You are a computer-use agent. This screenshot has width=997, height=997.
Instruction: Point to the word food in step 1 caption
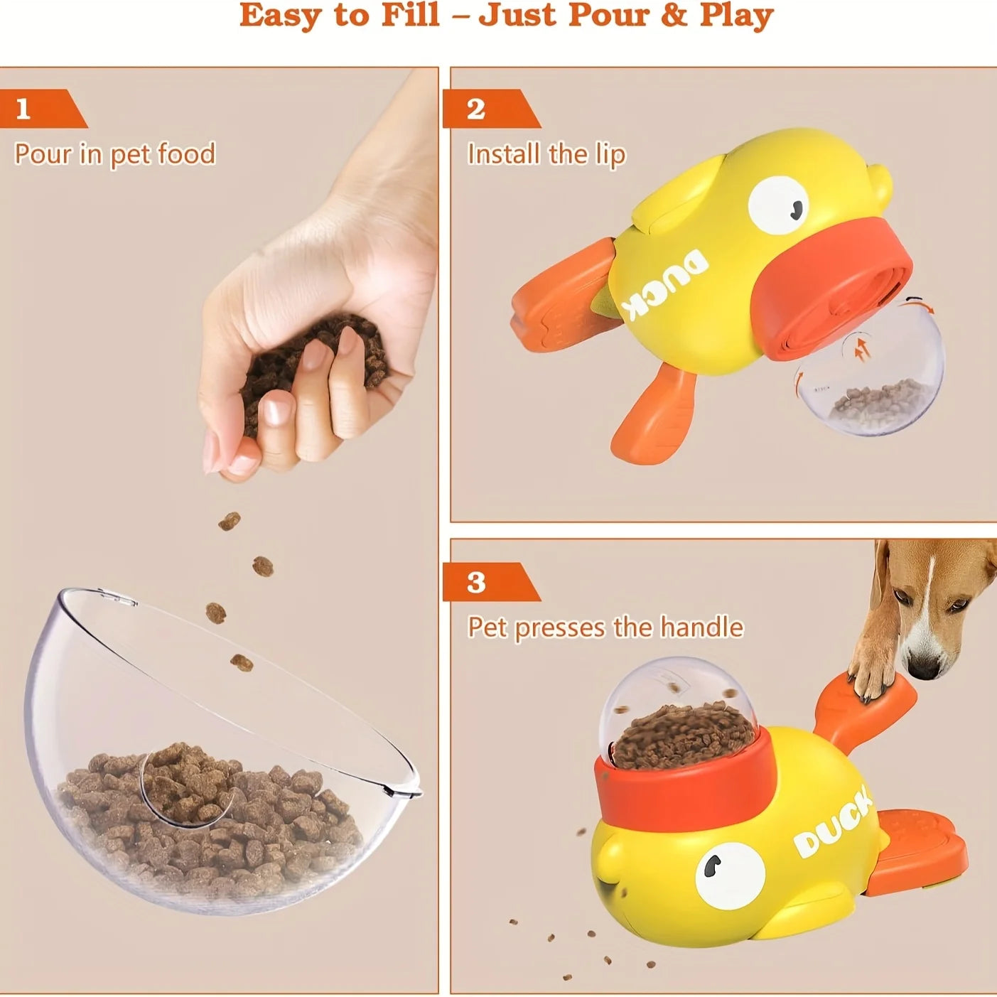tap(186, 153)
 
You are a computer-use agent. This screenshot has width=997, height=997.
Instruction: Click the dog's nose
tap(925, 669)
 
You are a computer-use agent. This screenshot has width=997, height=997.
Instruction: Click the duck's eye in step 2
tap(779, 203)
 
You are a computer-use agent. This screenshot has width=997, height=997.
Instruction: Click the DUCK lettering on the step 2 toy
tap(664, 285)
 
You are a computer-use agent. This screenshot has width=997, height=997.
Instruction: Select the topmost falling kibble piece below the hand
tap(229, 522)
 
